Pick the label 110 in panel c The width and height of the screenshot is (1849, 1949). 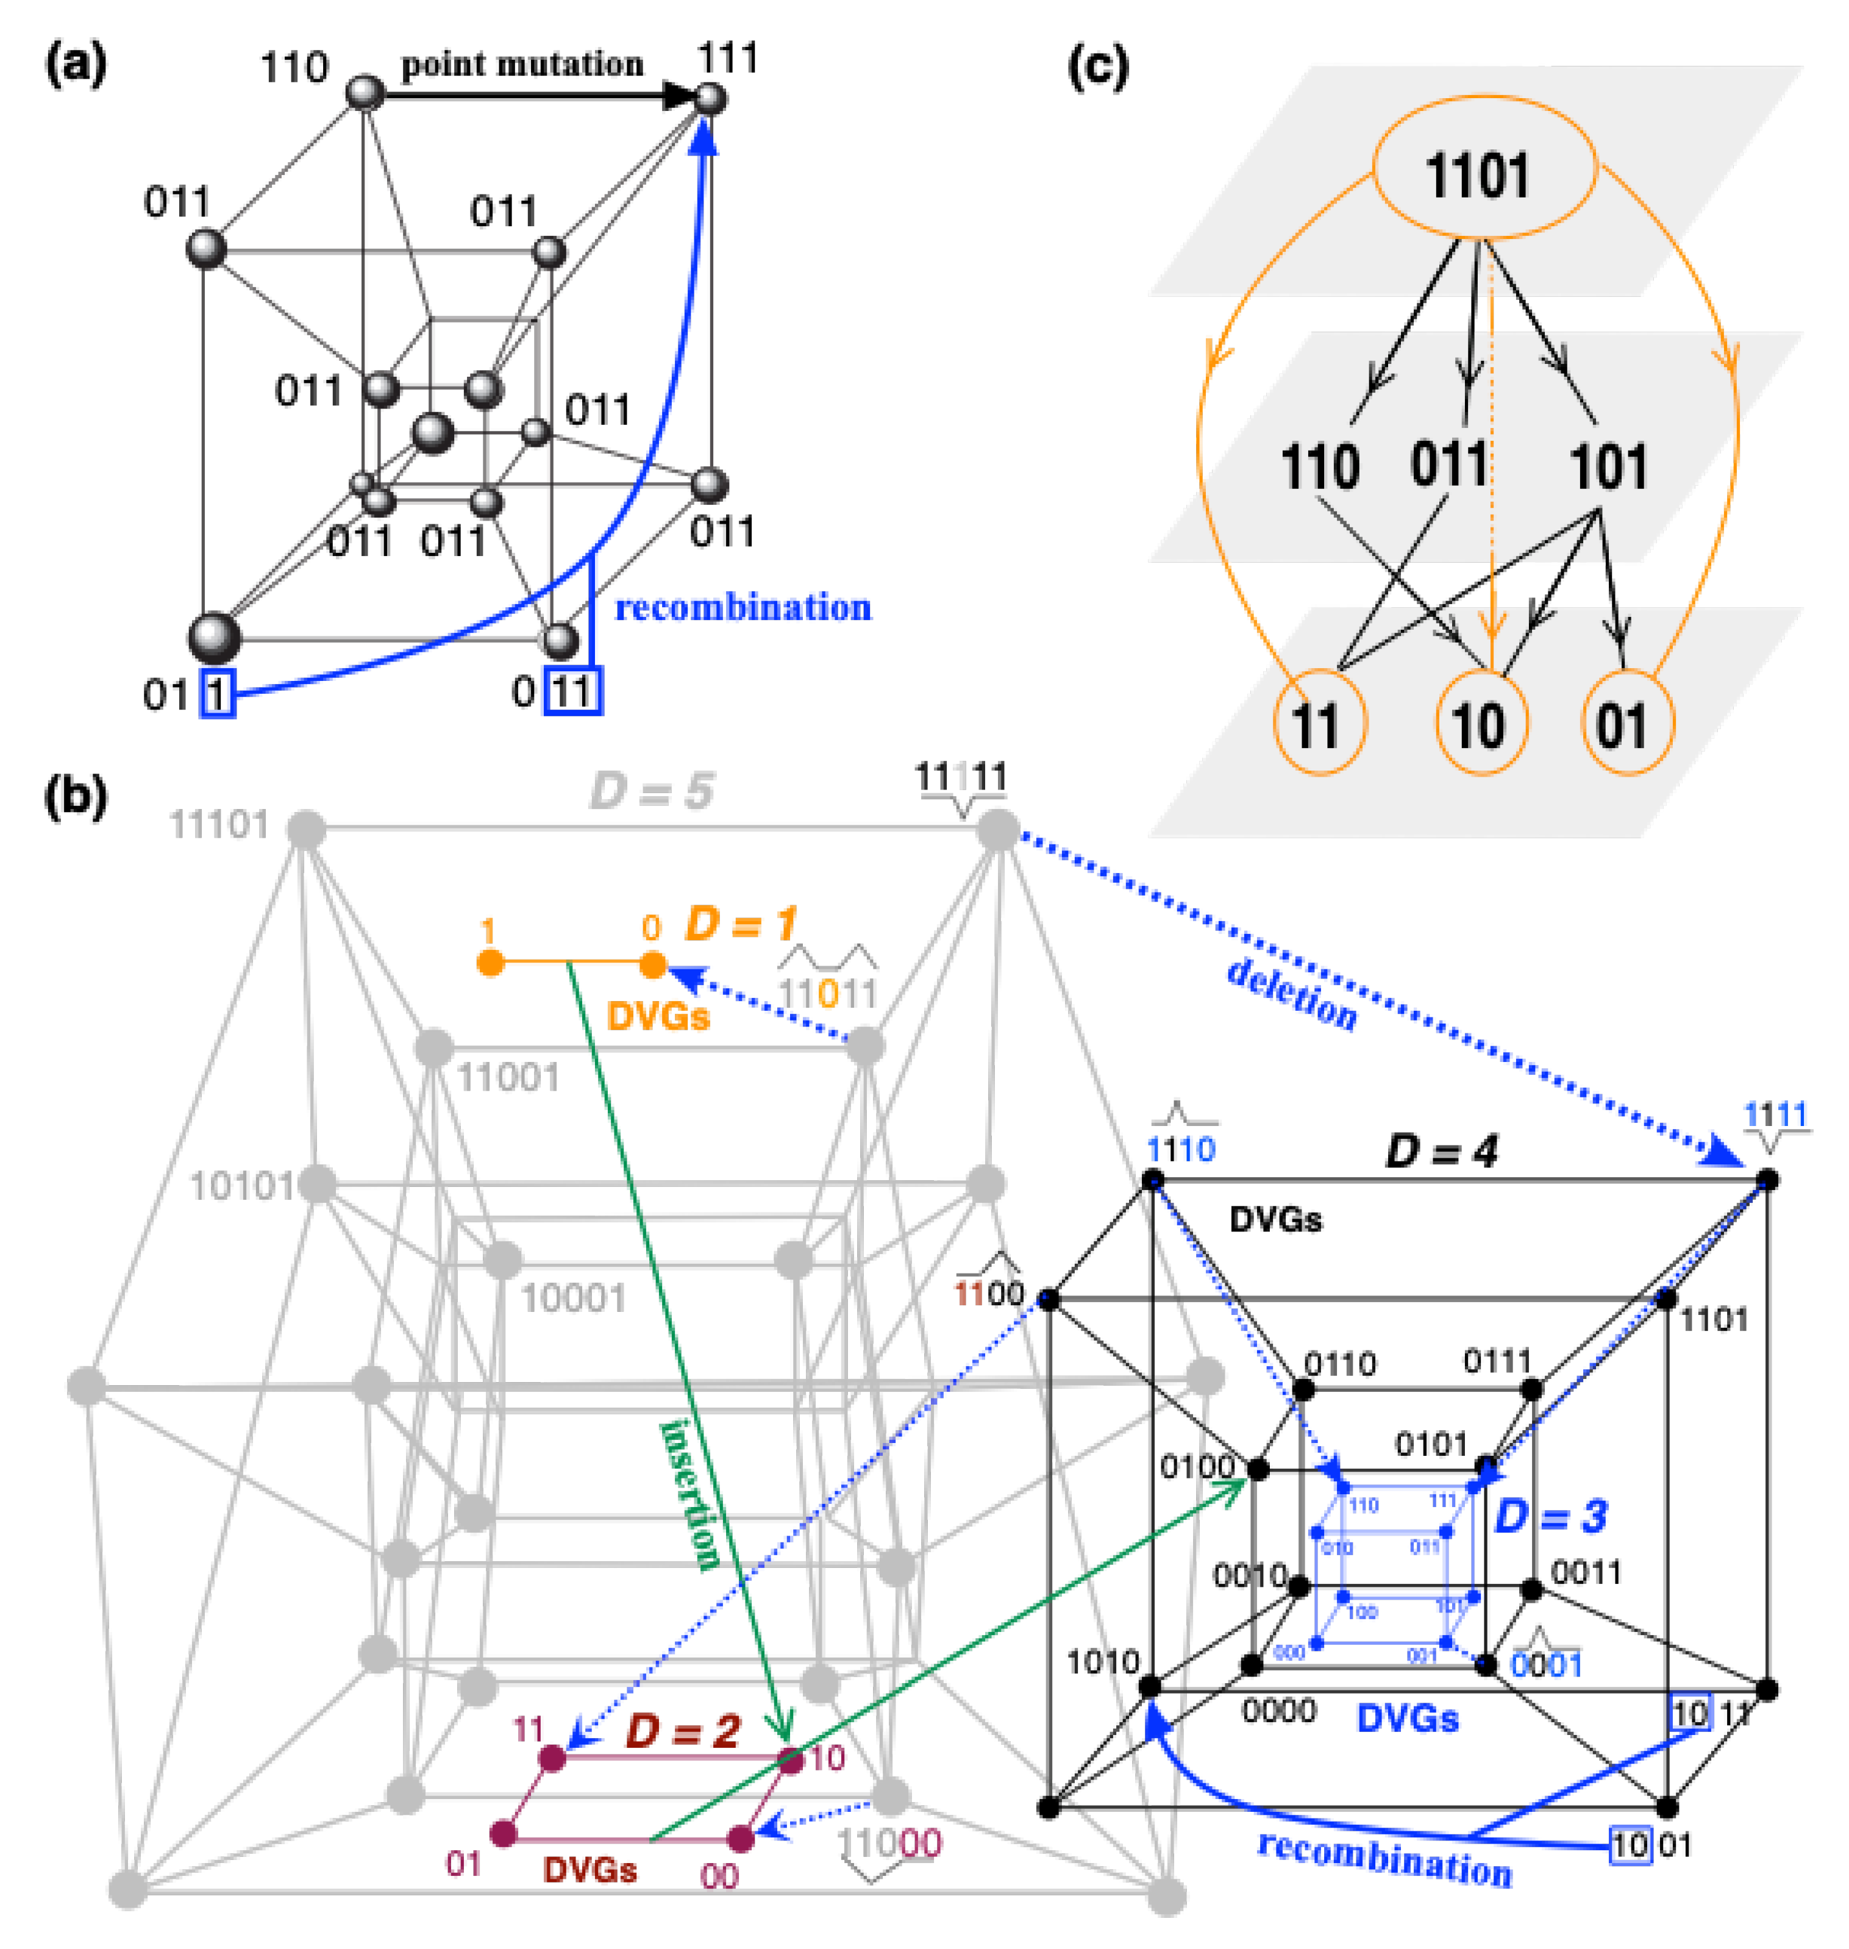tap(1320, 466)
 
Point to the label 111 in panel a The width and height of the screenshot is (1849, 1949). tap(727, 59)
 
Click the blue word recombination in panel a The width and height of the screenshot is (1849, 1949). tap(743, 608)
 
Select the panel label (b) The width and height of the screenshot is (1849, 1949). tap(76, 797)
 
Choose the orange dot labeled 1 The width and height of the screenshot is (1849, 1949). tap(490, 963)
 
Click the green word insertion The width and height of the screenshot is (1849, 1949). tap(691, 1495)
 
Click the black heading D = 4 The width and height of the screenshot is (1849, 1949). tap(1441, 1150)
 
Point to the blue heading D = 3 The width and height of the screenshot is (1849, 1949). tap(1550, 1516)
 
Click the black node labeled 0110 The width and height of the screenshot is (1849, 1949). tap(1303, 1390)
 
